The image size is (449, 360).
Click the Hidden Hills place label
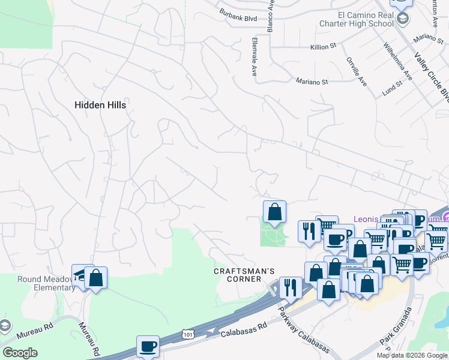click(100, 104)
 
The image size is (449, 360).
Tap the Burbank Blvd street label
click(238, 19)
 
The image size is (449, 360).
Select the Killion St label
click(324, 46)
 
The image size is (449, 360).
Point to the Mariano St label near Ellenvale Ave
click(312, 82)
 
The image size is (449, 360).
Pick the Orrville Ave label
click(356, 71)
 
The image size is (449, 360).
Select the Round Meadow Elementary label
click(38, 283)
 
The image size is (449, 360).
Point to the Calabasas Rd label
click(243, 330)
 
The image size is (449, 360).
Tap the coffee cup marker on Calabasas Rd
click(148, 346)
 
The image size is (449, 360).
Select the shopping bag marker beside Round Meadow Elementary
click(95, 277)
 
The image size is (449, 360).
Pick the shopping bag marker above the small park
click(274, 211)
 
